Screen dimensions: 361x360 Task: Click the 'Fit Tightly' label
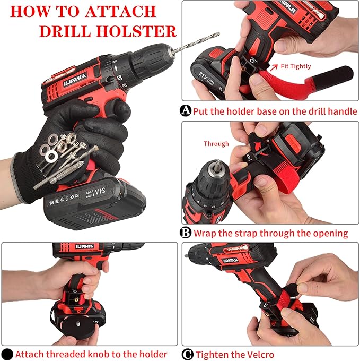296,66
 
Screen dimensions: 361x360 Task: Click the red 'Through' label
216,144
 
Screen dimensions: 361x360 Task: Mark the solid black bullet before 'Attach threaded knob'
7,354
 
